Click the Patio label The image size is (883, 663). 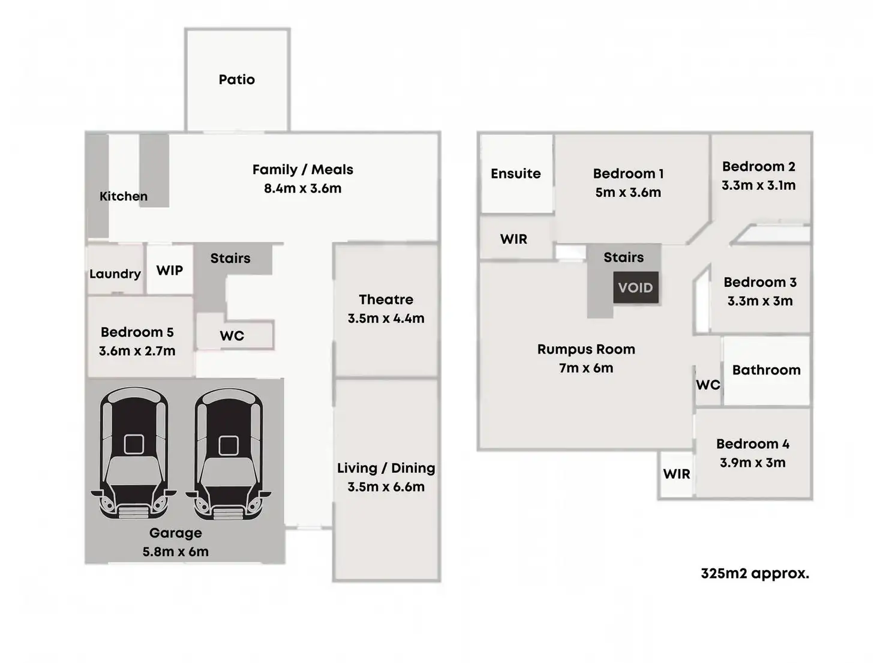click(x=236, y=80)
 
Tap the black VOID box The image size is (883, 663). click(x=635, y=287)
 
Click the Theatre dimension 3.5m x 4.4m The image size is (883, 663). click(x=386, y=319)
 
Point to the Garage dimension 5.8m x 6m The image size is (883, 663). click(x=175, y=552)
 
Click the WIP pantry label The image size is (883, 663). click(x=170, y=271)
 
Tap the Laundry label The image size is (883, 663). click(x=115, y=274)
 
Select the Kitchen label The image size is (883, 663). click(x=124, y=196)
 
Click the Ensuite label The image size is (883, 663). click(x=515, y=174)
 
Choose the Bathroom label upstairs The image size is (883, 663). click(x=766, y=370)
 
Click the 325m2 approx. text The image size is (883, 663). click(x=755, y=574)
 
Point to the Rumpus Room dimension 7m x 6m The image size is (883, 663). click(x=585, y=368)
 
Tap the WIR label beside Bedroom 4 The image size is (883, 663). click(x=677, y=474)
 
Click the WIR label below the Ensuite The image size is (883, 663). click(x=513, y=239)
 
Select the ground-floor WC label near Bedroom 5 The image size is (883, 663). click(x=232, y=336)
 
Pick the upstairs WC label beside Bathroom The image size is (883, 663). click(x=708, y=385)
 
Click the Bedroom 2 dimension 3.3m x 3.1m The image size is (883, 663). click(x=758, y=185)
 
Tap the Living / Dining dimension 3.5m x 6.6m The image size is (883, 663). click(x=386, y=487)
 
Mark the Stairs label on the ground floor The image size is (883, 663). click(x=230, y=259)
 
